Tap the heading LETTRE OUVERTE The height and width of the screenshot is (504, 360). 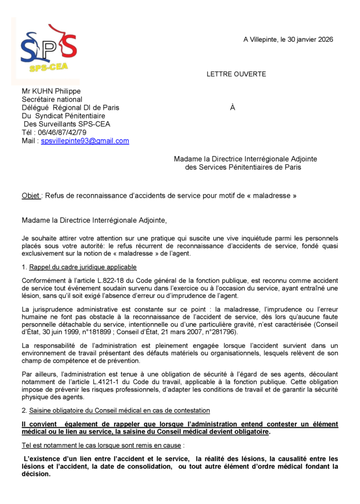236,74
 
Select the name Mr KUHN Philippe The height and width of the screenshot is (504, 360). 51,91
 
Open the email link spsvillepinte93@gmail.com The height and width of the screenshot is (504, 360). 85,141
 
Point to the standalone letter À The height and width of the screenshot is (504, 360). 232,108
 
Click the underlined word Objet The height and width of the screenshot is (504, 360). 31,195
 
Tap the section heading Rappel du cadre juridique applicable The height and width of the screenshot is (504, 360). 83,267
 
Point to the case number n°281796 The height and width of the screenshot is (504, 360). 220,331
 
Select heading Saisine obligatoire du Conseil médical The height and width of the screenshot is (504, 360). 119,410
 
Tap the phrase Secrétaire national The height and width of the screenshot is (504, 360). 52,99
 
